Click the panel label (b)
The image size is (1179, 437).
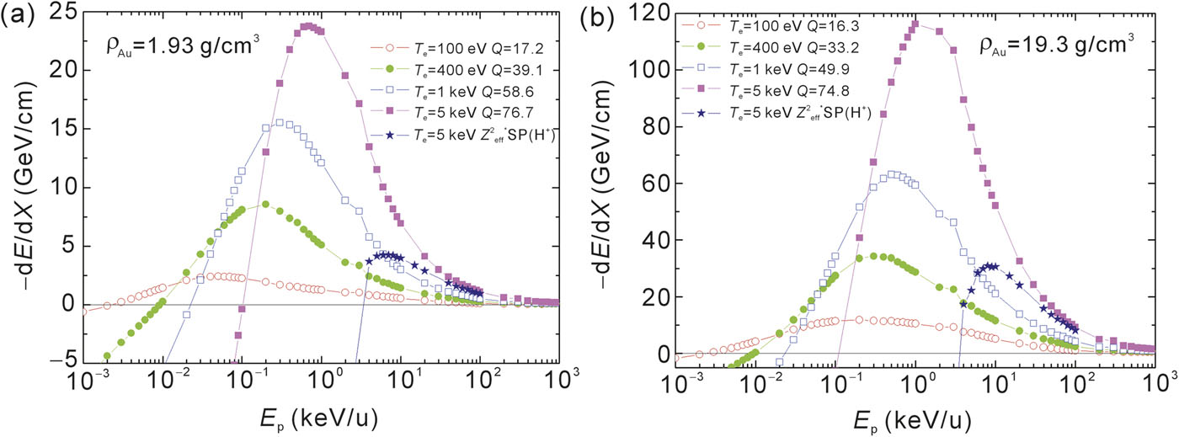(x=619, y=16)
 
